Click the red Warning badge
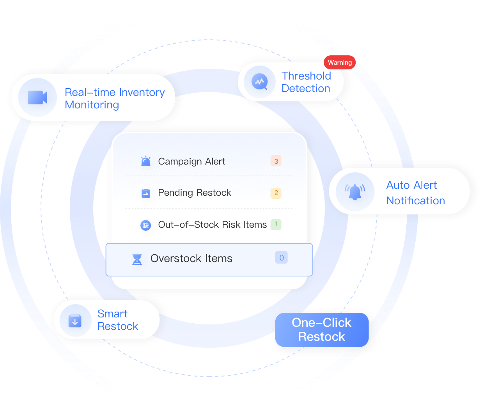click(339, 62)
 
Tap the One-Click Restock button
click(322, 329)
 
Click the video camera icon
click(37, 97)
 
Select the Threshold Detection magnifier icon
click(259, 82)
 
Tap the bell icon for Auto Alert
click(355, 192)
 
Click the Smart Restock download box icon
click(75, 321)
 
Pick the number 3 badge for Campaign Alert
click(276, 161)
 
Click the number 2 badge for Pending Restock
click(276, 193)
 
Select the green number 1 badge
click(276, 224)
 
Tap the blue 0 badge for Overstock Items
click(281, 257)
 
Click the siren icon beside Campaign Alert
click(145, 161)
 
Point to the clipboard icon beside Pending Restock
click(145, 193)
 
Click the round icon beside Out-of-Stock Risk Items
click(145, 225)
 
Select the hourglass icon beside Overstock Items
click(137, 260)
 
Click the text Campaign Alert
click(191, 161)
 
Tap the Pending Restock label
click(194, 193)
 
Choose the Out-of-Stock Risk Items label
click(212, 225)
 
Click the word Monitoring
click(92, 105)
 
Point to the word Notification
click(416, 201)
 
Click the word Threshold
click(306, 76)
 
